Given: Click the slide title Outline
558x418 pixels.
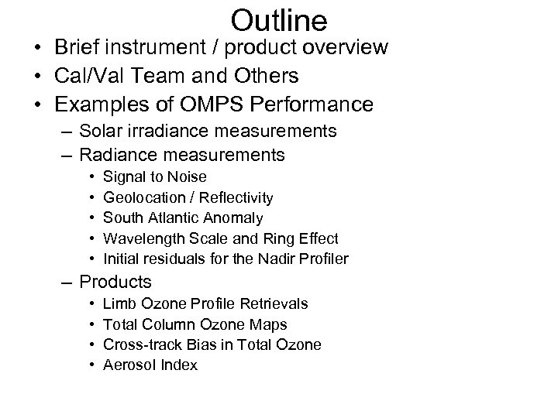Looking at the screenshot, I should pyautogui.click(x=279, y=19).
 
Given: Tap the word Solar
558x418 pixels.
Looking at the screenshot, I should pyautogui.click(x=103, y=131).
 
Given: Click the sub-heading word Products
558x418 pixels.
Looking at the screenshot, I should pyautogui.click(x=115, y=282).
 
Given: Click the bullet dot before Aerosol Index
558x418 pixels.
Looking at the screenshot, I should pyautogui.click(x=92, y=365).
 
